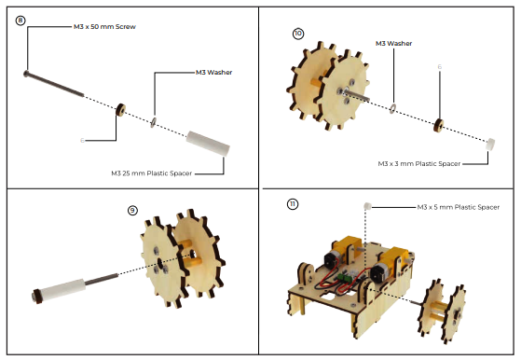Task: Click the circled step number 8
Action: [x=21, y=21]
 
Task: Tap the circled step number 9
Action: [x=132, y=211]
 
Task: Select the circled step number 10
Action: [x=298, y=34]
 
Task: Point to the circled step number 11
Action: [x=293, y=203]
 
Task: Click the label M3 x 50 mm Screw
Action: [x=104, y=27]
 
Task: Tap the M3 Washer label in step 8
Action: [x=214, y=72]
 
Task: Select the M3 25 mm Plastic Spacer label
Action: [x=152, y=173]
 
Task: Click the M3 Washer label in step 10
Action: [x=393, y=43]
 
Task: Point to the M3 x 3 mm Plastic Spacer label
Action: [x=419, y=163]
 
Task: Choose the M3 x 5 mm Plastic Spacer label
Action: [x=459, y=207]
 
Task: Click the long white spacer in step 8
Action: [x=208, y=144]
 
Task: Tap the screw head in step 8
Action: [x=26, y=74]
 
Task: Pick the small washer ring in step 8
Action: [x=154, y=122]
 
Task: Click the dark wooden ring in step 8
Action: [x=120, y=110]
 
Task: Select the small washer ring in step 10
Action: [x=392, y=108]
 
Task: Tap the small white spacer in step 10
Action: [x=490, y=144]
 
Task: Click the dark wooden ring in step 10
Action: [x=439, y=125]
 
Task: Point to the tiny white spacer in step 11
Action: [x=367, y=206]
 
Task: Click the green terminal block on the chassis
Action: [x=343, y=278]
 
